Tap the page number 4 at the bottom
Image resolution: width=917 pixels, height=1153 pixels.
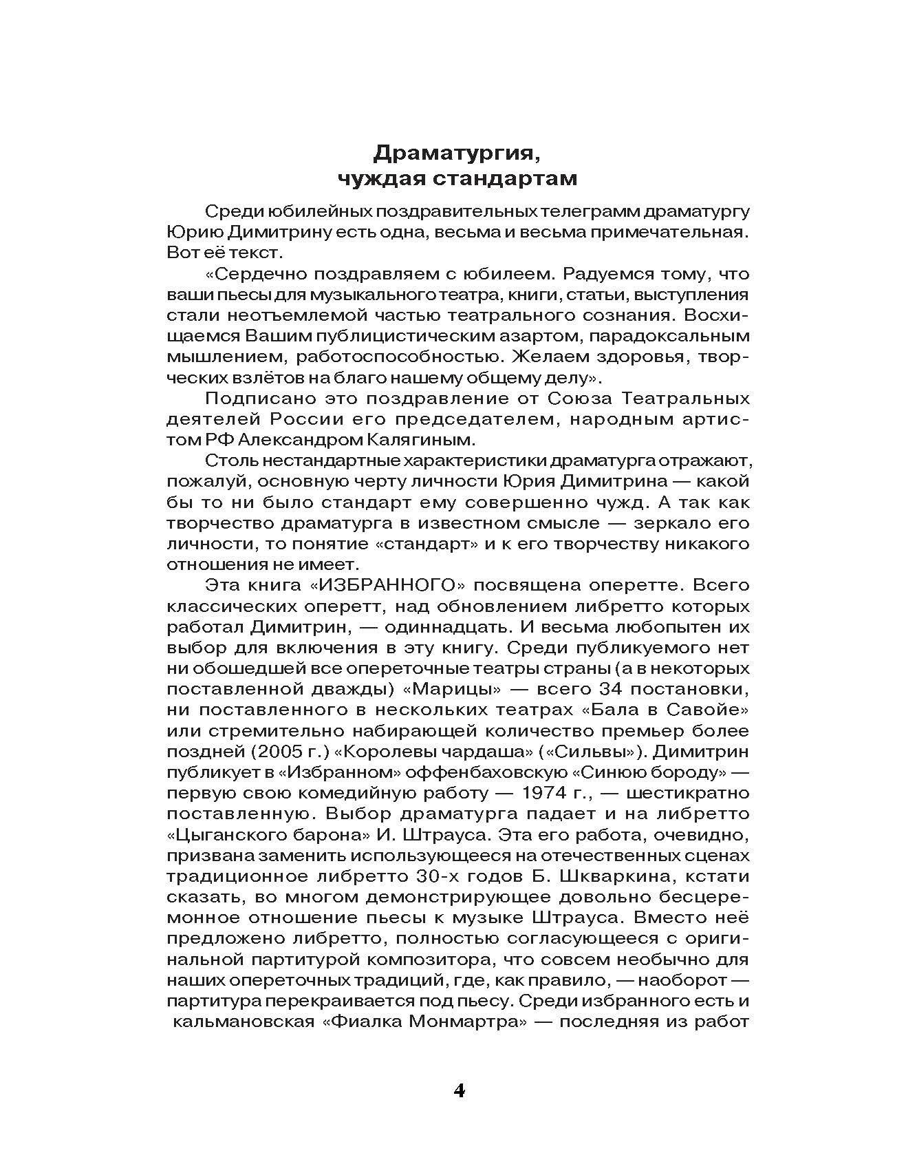[460, 1091]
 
